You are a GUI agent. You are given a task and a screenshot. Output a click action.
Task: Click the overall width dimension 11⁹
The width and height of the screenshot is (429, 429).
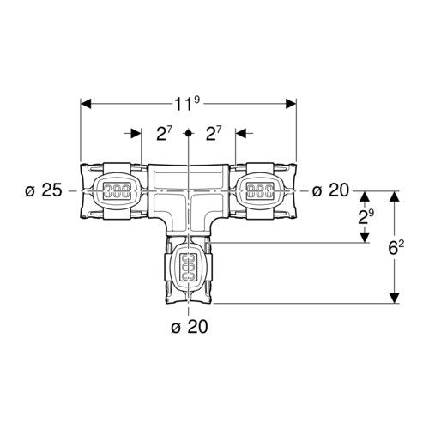(187, 104)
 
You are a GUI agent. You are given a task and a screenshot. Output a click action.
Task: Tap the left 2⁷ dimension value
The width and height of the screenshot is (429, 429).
(165, 134)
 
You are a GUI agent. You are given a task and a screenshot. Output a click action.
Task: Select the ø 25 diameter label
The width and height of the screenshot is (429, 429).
(44, 190)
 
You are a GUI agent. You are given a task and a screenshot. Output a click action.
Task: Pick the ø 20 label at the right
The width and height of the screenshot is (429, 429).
(330, 190)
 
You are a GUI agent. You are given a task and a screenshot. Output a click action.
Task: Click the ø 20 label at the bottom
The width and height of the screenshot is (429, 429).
(190, 326)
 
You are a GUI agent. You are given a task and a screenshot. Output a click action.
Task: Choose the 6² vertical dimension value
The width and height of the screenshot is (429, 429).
(396, 248)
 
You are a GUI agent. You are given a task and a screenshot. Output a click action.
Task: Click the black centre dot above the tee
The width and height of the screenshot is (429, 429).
(188, 133)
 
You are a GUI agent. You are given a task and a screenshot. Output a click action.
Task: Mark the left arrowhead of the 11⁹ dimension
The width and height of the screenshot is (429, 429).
(86, 104)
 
